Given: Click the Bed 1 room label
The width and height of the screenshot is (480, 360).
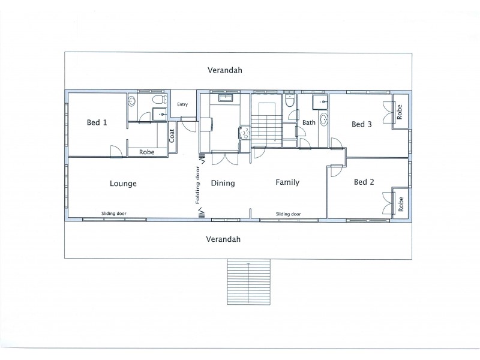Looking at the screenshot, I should click(x=97, y=123).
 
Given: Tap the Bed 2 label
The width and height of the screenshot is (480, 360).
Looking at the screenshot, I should click(x=364, y=182).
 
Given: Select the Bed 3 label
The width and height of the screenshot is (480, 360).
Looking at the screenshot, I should click(x=362, y=125).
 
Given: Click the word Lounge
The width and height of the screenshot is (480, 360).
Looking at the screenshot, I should click(x=123, y=184).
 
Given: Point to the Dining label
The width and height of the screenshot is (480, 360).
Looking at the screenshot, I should click(x=223, y=184).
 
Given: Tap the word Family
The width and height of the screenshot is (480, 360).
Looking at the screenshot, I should click(x=287, y=182).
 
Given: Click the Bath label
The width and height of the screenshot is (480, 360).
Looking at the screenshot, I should click(x=308, y=123).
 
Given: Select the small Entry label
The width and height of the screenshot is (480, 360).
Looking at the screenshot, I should click(x=182, y=105).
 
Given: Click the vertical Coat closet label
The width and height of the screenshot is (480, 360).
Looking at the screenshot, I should click(x=172, y=136).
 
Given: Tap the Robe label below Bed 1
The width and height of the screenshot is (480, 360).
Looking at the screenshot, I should click(x=146, y=152).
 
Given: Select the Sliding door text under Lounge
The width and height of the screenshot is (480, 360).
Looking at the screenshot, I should click(x=114, y=214).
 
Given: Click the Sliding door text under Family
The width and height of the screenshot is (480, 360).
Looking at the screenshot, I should click(x=288, y=214).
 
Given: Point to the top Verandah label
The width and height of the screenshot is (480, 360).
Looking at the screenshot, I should click(x=224, y=70).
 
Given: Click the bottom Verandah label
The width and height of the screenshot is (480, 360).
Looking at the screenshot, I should click(x=223, y=239).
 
